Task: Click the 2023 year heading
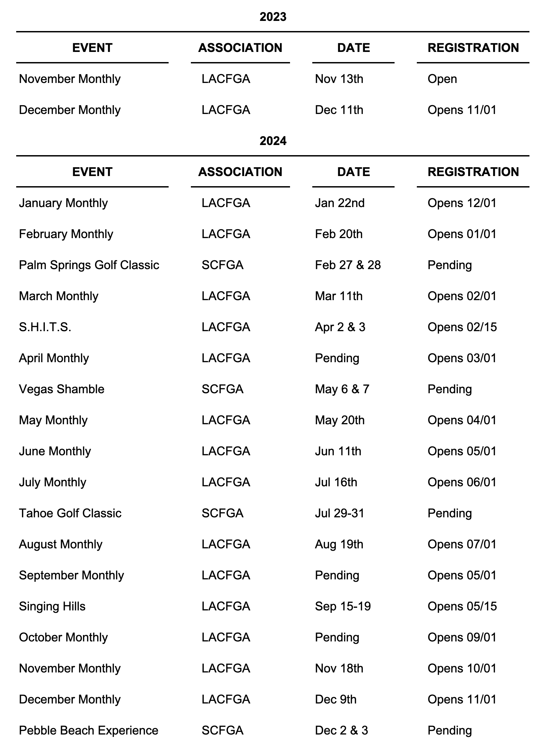point(273,17)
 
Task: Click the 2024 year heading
point(273,141)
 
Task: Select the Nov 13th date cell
point(339,79)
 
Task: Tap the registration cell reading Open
point(442,79)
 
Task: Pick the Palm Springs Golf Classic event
point(89,265)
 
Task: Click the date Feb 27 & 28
point(348,265)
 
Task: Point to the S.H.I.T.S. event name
point(45,327)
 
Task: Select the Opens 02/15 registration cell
point(462,327)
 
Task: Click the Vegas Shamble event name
point(62,389)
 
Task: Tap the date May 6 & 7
point(342,389)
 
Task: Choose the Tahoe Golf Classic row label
point(70,513)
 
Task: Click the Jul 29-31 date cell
point(340,513)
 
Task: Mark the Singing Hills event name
point(52,606)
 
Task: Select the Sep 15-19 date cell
point(343,606)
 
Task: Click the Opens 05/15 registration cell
point(462,606)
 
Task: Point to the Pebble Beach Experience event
point(89,730)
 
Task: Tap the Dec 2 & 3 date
point(341,730)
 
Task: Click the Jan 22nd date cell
point(340,203)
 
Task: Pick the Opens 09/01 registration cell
point(462,637)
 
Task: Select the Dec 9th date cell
point(336,699)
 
